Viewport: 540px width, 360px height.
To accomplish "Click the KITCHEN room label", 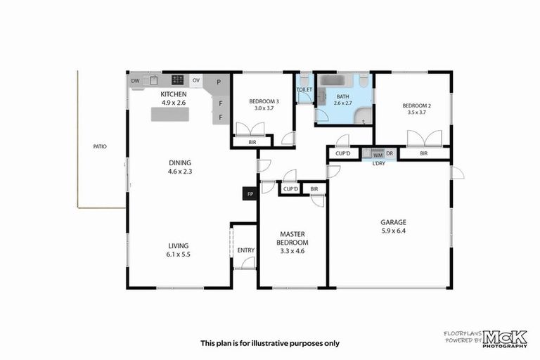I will tap(173, 94).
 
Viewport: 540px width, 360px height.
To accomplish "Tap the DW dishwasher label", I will tap(135, 81).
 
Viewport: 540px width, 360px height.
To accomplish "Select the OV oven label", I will tap(196, 81).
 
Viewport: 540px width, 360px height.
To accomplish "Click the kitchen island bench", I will tap(171, 114).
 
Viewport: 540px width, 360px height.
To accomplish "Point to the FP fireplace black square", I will tap(249, 193).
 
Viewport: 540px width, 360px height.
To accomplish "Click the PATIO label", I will tap(99, 147).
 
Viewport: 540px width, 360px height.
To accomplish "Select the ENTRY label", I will tap(245, 250).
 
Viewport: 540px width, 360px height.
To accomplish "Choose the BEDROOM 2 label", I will tap(416, 105).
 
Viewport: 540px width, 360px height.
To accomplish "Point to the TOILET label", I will tap(304, 90).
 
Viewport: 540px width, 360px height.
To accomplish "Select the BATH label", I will tap(342, 96).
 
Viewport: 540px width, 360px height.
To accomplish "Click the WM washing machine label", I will tap(377, 153).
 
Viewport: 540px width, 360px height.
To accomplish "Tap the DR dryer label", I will tap(389, 153).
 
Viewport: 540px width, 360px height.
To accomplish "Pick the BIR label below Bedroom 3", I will tap(252, 143).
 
